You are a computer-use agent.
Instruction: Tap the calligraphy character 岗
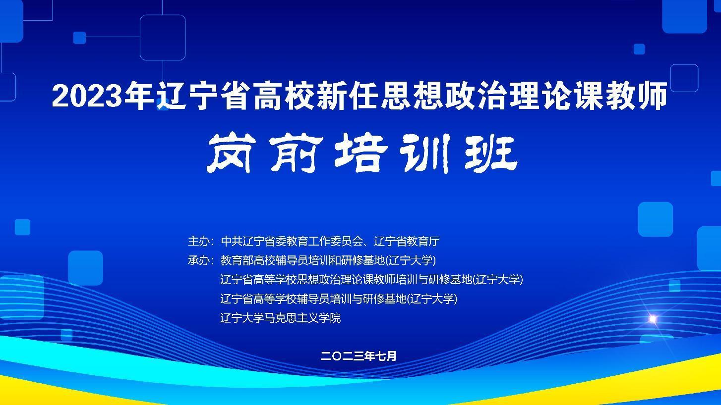tap(230, 153)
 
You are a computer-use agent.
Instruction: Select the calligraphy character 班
tap(491, 153)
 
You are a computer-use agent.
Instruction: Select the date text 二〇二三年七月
tap(359, 356)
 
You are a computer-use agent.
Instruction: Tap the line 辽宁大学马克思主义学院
tap(280, 318)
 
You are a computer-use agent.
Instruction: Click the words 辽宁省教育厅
tap(407, 241)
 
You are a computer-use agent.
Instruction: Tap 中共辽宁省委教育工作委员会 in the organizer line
tap(292, 241)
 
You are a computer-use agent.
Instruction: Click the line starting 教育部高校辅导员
tap(328, 260)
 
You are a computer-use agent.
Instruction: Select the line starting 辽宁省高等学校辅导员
tap(339, 299)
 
